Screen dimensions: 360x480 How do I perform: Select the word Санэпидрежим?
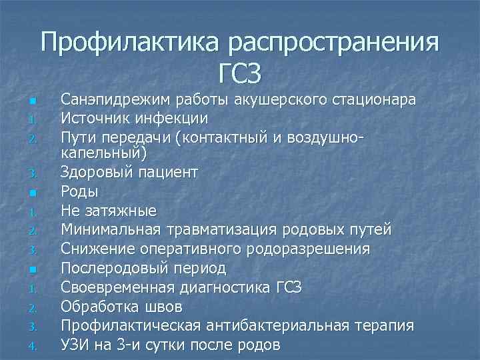click(x=113, y=100)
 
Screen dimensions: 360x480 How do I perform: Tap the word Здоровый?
click(x=94, y=173)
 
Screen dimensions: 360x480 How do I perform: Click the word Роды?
click(x=79, y=192)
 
